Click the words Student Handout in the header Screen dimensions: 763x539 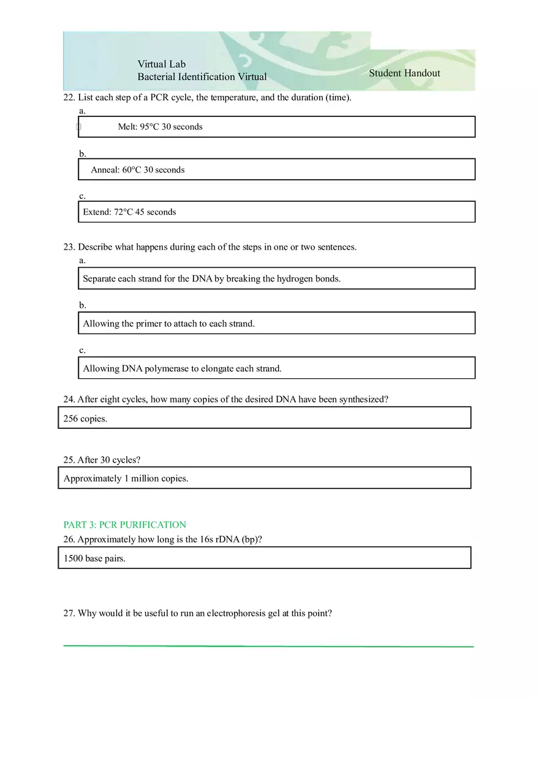pos(404,73)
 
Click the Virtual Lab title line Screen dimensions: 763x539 pos(162,64)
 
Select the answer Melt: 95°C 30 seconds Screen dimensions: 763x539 pos(160,127)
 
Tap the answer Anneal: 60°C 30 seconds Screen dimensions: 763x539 pos(137,170)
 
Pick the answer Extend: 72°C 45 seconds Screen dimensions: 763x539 pos(129,212)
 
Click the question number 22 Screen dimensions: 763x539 pos(69,98)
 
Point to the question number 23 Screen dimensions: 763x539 pos(69,247)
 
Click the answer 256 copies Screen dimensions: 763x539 pos(85,419)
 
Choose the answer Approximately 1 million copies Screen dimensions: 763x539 pos(126,478)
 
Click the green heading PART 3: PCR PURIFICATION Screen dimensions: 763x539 pos(124,525)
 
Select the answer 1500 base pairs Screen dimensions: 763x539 pos(94,559)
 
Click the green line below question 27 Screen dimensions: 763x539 pos(268,646)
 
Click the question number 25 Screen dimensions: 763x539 pos(69,460)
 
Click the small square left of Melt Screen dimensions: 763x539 pos(78,127)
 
